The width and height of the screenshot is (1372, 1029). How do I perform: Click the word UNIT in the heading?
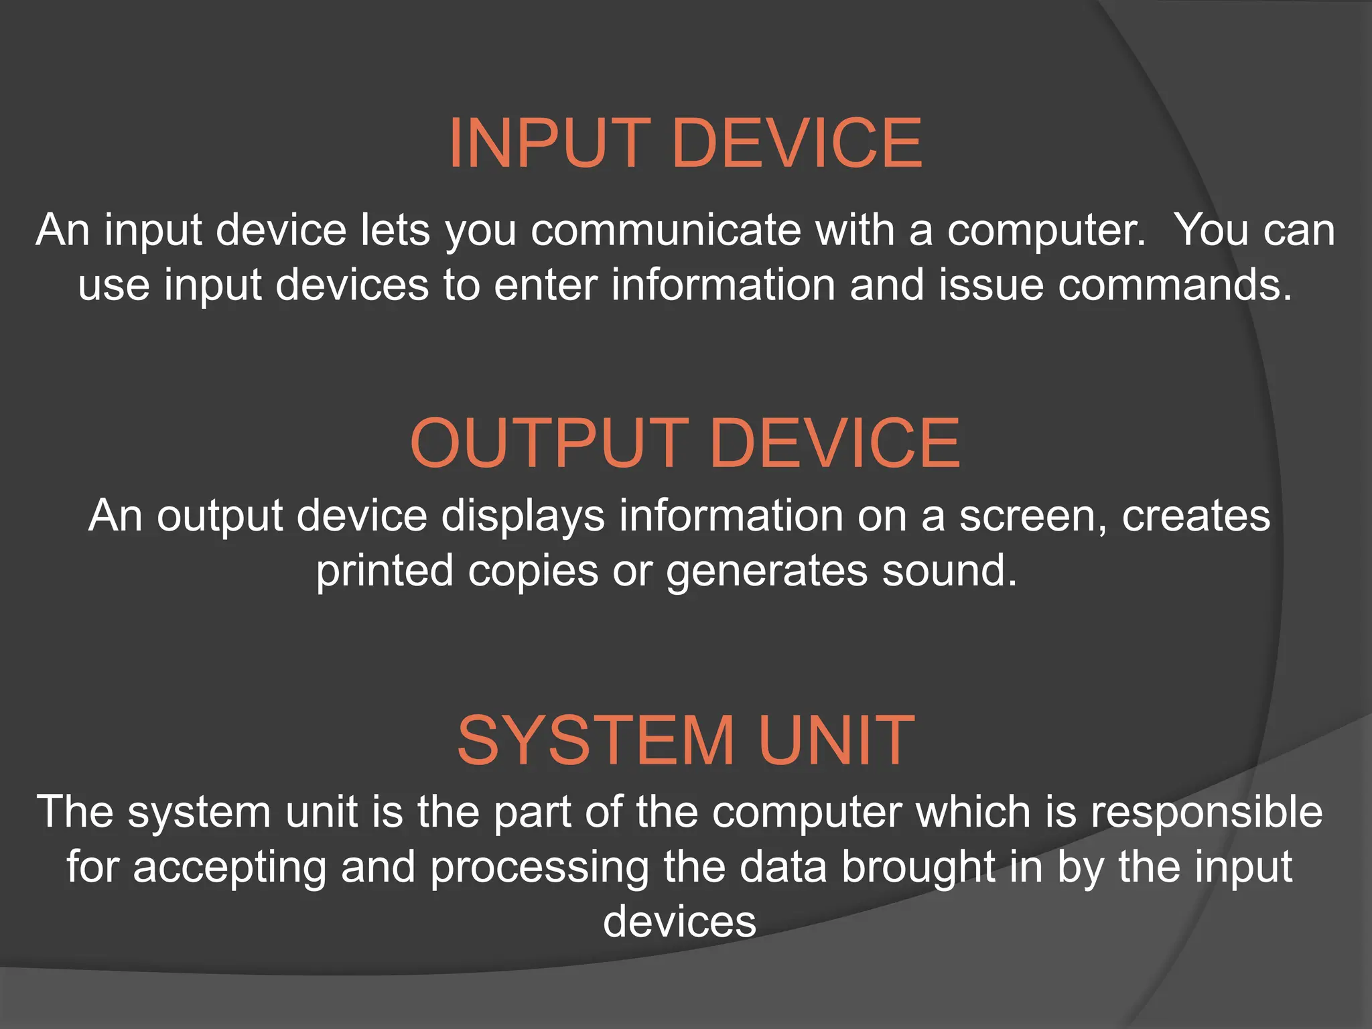837,740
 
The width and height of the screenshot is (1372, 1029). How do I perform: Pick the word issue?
991,285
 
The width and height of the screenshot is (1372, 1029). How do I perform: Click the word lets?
395,230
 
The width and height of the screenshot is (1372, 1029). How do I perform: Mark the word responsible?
1207,812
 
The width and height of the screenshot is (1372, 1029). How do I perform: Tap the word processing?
539,867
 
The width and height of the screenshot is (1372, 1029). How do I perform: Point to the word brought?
918,867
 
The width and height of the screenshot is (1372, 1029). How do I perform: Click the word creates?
1196,516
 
